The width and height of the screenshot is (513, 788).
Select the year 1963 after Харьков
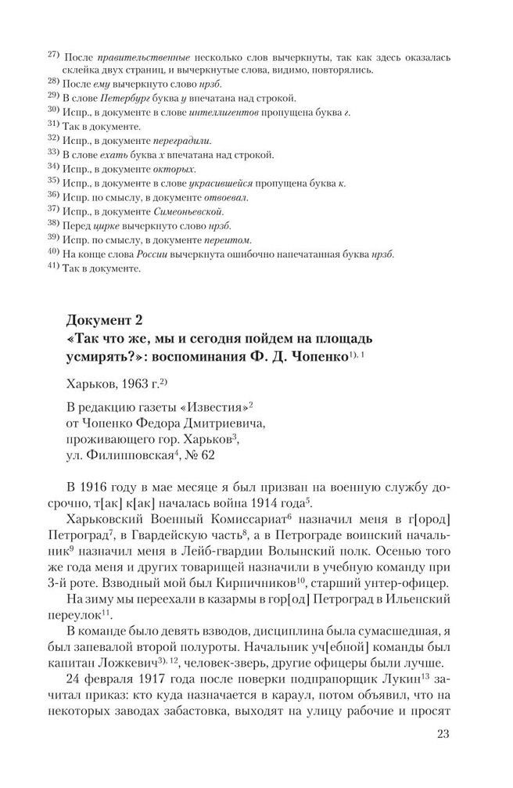(x=134, y=387)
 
